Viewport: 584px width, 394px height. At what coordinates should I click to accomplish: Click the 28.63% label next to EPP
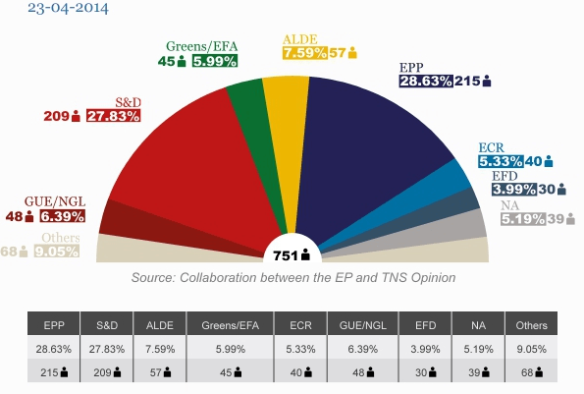point(425,81)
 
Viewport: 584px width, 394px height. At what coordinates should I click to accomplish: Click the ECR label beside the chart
point(492,145)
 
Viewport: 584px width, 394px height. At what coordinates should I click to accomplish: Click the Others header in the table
point(531,323)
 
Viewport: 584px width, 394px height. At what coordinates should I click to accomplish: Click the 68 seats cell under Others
point(531,372)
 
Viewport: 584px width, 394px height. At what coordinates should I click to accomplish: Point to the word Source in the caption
point(154,278)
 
